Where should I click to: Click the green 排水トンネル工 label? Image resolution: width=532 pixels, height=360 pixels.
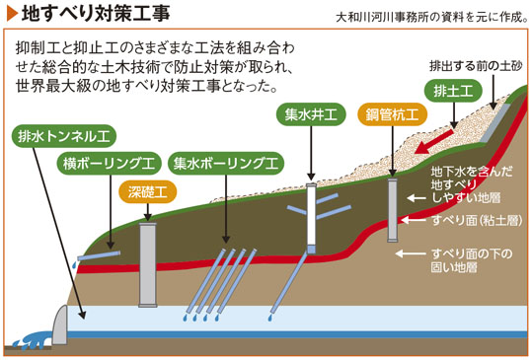pyautogui.click(x=64, y=136)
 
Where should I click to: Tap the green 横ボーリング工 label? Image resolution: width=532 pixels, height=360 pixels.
pyautogui.click(x=109, y=164)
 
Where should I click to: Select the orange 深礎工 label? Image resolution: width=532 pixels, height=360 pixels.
pyautogui.click(x=148, y=192)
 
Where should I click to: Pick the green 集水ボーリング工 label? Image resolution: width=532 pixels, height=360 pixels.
pyautogui.click(x=226, y=164)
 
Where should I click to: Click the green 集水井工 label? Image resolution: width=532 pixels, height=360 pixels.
pyautogui.click(x=311, y=114)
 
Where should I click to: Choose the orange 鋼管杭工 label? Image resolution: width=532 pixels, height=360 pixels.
pyautogui.click(x=392, y=114)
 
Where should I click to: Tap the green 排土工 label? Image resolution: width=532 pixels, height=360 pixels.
pyautogui.click(x=453, y=91)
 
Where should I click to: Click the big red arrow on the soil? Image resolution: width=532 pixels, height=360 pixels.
pyautogui.click(x=434, y=142)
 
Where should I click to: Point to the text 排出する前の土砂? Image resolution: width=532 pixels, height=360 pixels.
pyautogui.click(x=476, y=66)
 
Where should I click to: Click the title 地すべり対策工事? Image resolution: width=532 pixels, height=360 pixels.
pyautogui.click(x=96, y=14)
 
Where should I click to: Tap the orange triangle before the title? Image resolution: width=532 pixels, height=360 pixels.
pyautogui.click(x=12, y=14)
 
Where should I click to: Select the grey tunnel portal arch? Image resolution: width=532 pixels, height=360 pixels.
pyautogui.click(x=60, y=325)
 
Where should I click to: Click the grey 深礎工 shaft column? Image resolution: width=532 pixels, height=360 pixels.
pyautogui.click(x=148, y=264)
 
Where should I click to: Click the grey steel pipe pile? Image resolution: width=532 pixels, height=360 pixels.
pyautogui.click(x=392, y=210)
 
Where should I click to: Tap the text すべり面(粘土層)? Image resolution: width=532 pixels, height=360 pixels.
pyautogui.click(x=477, y=220)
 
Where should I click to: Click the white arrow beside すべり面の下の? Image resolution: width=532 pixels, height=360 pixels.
pyautogui.click(x=411, y=253)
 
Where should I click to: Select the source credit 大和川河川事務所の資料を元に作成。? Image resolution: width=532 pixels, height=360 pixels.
pyautogui.click(x=432, y=17)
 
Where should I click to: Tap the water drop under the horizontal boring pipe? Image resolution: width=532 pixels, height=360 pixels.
pyautogui.click(x=74, y=264)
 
